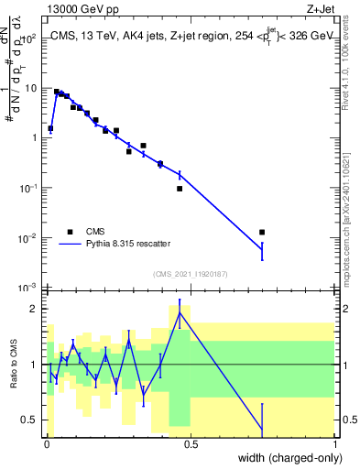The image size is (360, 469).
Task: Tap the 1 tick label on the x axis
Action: click(x=334, y=444)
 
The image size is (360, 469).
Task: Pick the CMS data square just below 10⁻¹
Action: click(x=180, y=189)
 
